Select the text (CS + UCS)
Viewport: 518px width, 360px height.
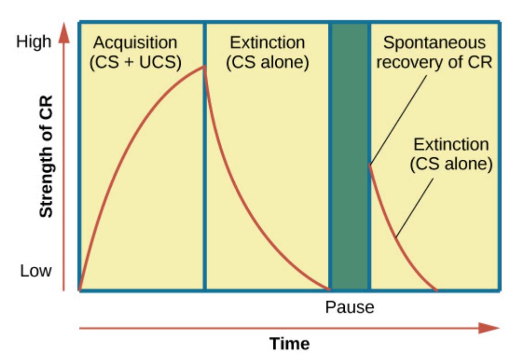point(136,62)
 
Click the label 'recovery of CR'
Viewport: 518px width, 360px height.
point(435,62)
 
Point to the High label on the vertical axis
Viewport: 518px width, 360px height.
point(34,42)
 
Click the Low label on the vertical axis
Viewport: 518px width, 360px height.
point(36,271)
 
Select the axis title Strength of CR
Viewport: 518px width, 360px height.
point(46,156)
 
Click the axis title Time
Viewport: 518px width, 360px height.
point(290,344)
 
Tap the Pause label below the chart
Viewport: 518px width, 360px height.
point(350,307)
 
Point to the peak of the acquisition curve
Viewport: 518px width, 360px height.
point(204,67)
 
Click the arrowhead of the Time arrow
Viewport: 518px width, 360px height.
point(489,328)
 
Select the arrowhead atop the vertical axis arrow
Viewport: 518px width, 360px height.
point(64,33)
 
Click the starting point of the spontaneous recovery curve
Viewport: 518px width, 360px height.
point(370,165)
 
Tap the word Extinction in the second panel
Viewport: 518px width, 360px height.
point(267,43)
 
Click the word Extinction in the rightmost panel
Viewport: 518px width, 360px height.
point(451,145)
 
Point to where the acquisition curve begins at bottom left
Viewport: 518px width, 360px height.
point(80,290)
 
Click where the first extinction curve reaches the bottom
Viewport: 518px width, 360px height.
point(329,289)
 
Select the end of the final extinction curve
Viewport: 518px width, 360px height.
point(437,290)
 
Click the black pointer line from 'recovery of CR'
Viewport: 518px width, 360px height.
point(398,120)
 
